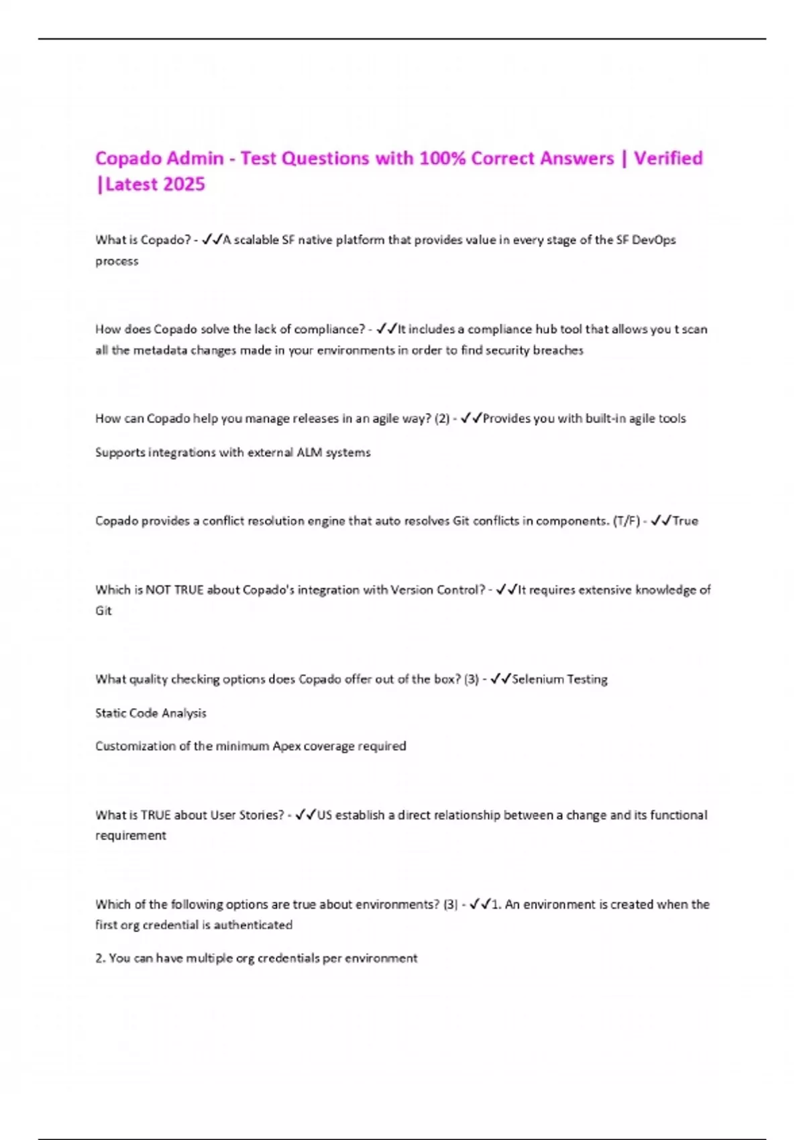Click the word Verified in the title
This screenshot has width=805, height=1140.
pos(668,158)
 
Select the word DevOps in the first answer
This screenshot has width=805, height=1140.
pos(653,240)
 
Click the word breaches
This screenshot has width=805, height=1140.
pos(558,350)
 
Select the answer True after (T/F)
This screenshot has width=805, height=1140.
pos(686,521)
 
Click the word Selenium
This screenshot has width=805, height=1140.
pos(537,679)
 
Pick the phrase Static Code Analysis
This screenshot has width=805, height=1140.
pos(151,713)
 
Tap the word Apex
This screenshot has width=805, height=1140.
pos(286,746)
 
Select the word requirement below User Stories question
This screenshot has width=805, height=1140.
pos(131,836)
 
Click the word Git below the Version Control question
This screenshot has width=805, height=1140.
pos(103,611)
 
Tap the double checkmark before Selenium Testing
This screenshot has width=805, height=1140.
pos(500,679)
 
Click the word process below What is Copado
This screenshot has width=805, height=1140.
pos(117,262)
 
